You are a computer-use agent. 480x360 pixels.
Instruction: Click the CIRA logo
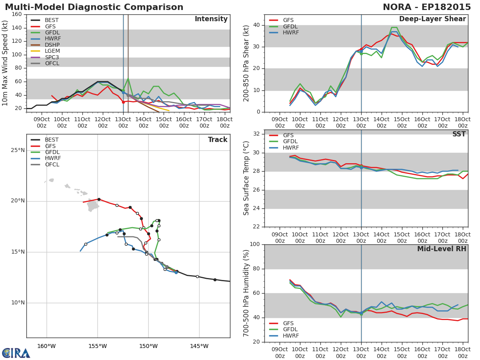click(x=16, y=352)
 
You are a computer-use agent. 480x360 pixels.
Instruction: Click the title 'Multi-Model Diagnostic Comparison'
click(x=94, y=7)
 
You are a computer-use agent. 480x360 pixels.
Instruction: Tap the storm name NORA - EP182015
click(x=427, y=7)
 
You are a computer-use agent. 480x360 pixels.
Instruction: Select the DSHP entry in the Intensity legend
click(x=45, y=45)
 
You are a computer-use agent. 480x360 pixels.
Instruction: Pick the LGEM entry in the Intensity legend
click(x=45, y=51)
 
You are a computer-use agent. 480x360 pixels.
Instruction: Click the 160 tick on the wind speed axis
click(x=17, y=14)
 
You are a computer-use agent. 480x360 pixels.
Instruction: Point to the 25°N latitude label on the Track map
click(x=18, y=150)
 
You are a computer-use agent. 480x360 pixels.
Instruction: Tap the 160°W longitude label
click(x=46, y=346)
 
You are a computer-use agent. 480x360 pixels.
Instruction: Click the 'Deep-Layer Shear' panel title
click(x=432, y=19)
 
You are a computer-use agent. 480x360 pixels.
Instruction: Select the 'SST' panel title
click(x=459, y=134)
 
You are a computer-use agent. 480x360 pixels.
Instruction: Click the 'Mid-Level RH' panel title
click(x=442, y=249)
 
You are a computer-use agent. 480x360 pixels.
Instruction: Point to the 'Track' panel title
click(x=218, y=140)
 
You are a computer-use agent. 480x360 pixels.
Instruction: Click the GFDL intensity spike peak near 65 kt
click(x=128, y=78)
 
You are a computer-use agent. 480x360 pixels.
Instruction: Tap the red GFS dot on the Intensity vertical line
click(x=123, y=102)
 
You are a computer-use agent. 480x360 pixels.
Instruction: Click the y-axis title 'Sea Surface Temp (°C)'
click(x=246, y=178)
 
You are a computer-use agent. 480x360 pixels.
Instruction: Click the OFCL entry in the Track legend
click(x=45, y=164)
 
